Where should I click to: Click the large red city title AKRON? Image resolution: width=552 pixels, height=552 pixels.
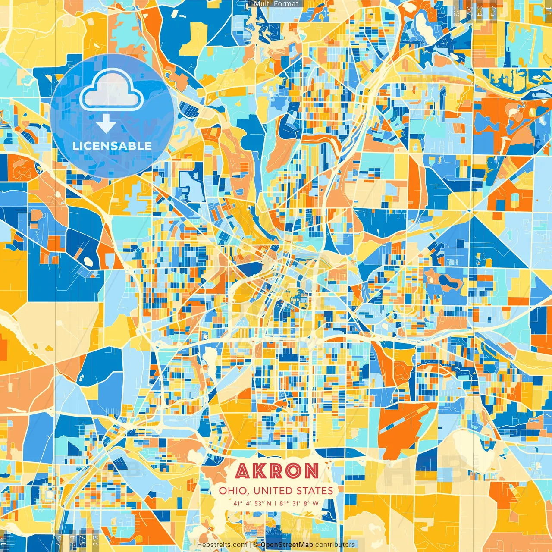(277, 471)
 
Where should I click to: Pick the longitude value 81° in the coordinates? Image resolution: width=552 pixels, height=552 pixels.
(283, 503)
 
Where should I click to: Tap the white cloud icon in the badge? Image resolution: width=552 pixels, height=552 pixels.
(111, 91)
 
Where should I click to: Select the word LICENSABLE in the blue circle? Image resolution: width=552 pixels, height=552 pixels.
(112, 146)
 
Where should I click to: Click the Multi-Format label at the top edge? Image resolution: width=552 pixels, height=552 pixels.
(276, 4)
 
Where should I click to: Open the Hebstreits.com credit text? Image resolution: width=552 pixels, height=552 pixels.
(222, 545)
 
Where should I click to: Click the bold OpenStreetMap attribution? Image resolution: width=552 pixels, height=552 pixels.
(287, 545)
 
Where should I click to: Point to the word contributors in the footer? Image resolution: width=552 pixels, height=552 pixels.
(335, 545)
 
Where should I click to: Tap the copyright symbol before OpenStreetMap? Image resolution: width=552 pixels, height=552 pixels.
(256, 545)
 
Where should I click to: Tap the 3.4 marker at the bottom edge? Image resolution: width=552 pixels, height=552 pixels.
(72, 539)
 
